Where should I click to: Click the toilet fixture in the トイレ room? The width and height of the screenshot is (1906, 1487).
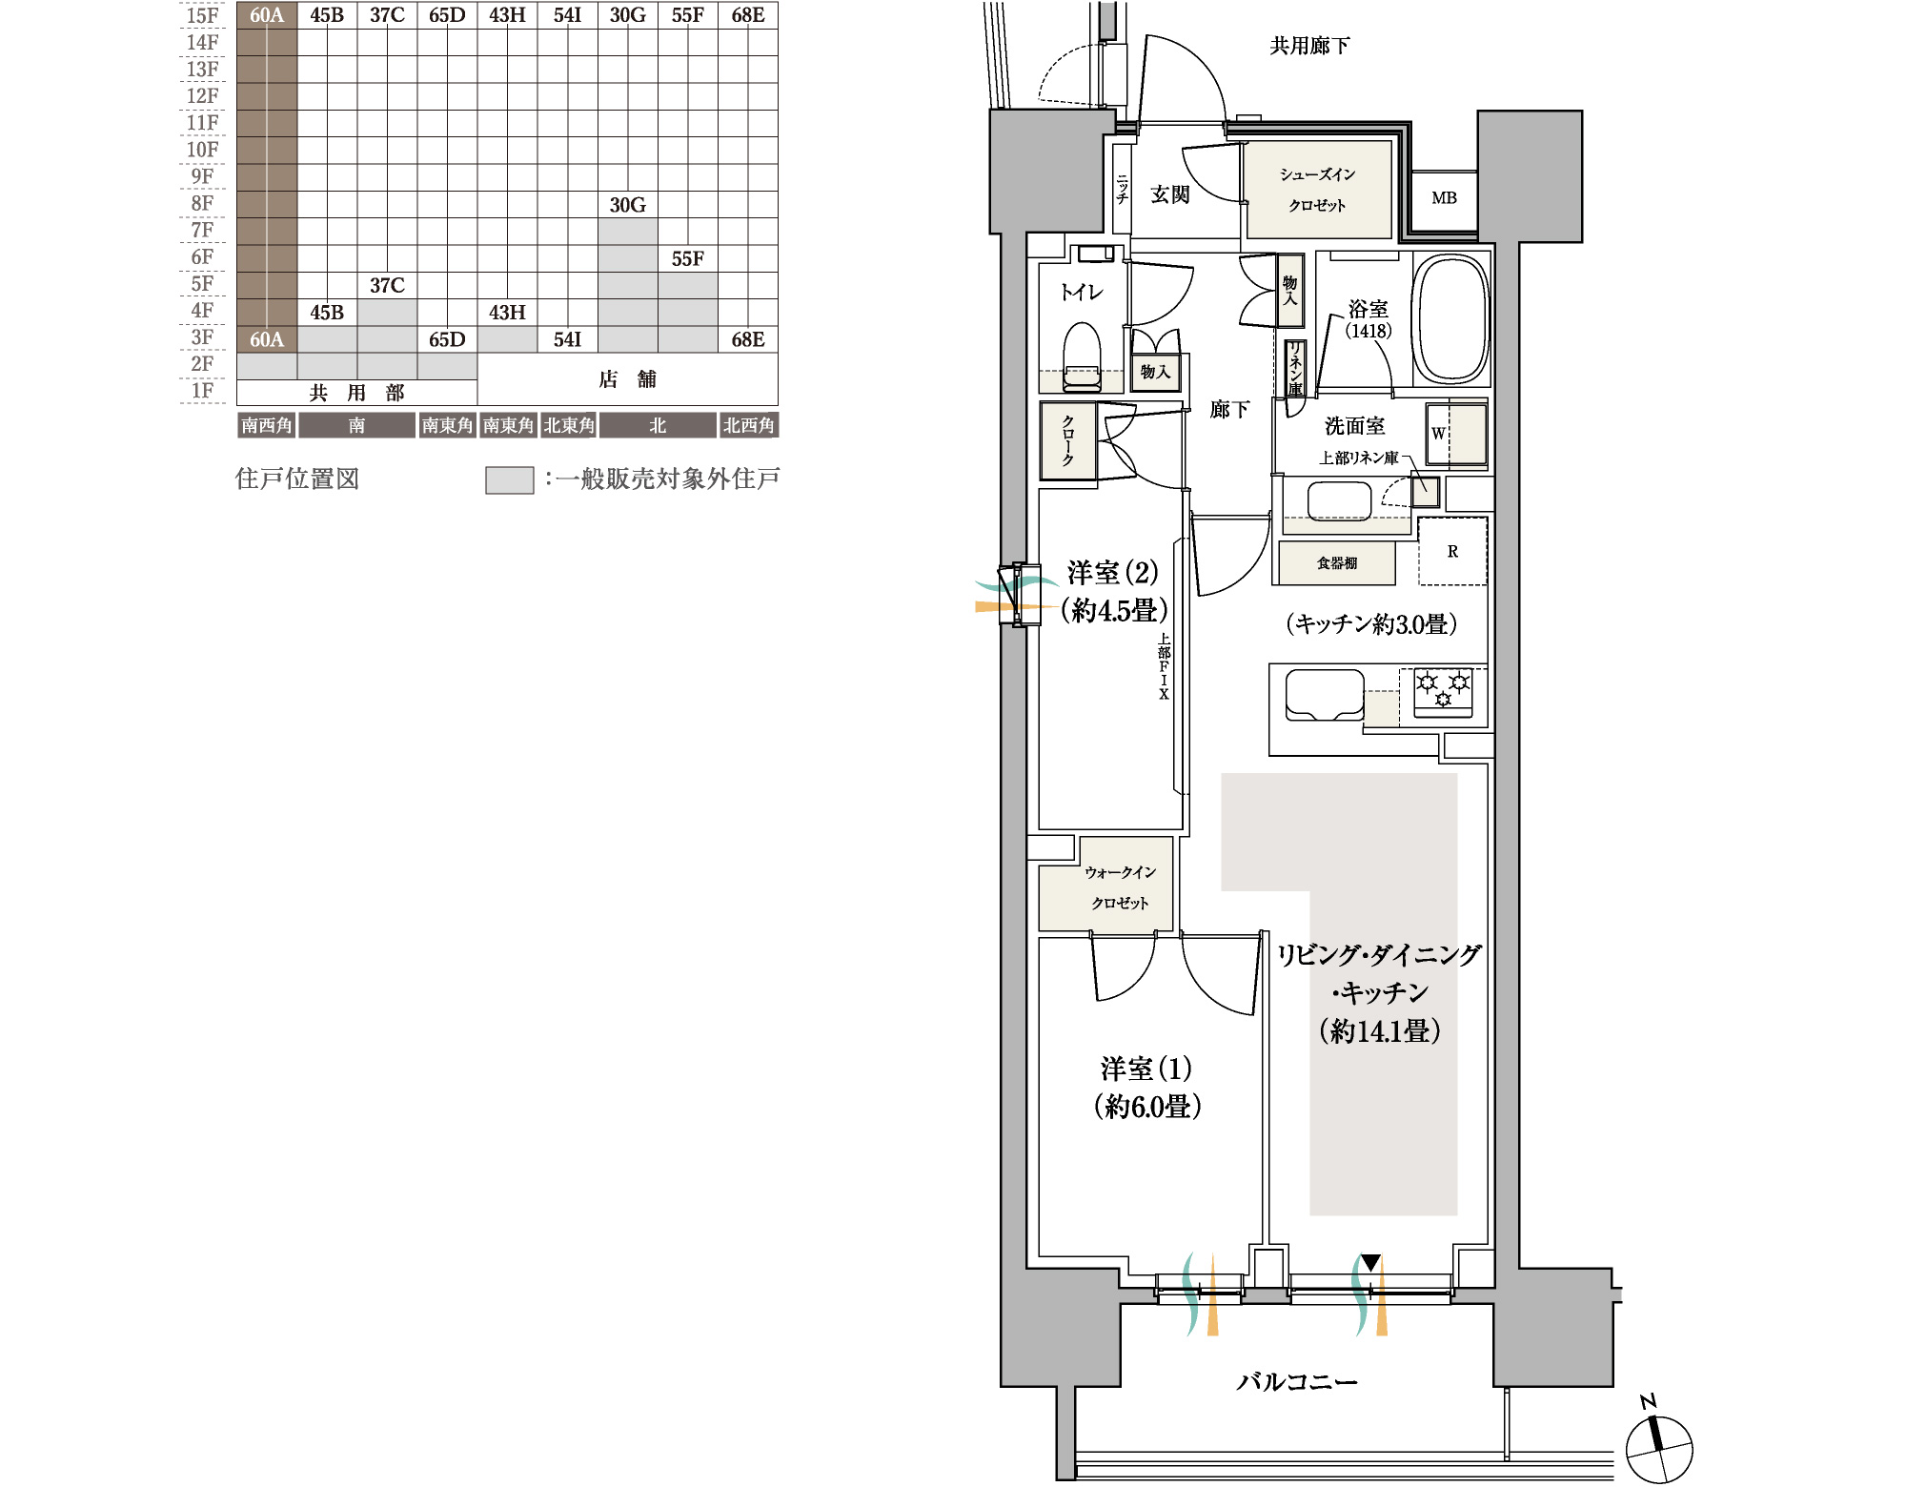coord(1082,356)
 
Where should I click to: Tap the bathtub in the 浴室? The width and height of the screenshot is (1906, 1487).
coord(1450,318)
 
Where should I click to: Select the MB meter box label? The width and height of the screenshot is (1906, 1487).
coord(1444,198)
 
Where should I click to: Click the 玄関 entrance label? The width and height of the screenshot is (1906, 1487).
coord(1169,194)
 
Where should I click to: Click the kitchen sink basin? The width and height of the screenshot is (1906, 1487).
coord(1325,695)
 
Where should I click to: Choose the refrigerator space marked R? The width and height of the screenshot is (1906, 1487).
coord(1452,551)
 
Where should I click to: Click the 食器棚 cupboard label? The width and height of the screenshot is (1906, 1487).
coord(1336,563)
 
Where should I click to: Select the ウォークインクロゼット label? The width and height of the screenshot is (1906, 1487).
coord(1120,887)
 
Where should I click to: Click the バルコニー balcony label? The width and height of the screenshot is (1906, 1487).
coord(1296,1381)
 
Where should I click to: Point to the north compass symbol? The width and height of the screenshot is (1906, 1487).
coord(1658,1448)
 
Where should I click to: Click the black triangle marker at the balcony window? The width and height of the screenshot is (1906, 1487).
coord(1370,1263)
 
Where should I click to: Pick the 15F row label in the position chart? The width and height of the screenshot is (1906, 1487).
coord(202,15)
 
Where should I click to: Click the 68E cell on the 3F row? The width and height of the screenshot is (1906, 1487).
coord(748,339)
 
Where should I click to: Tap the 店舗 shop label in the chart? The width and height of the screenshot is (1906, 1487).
coord(627,379)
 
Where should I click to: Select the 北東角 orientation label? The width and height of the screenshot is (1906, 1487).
coord(568,425)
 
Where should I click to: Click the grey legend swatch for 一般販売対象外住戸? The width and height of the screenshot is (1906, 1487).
coord(509,479)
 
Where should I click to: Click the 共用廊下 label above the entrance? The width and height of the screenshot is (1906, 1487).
coord(1309,46)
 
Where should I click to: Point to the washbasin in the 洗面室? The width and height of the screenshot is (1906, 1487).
coord(1339,501)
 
